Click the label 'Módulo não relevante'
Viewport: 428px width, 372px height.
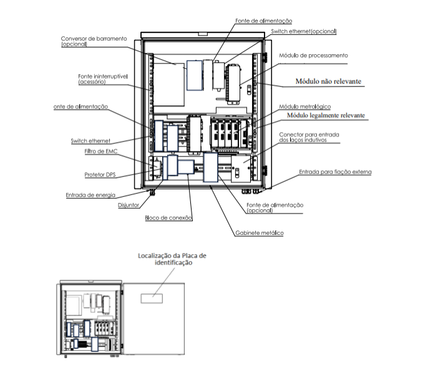[328, 81]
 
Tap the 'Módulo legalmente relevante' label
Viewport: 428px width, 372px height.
[326, 115]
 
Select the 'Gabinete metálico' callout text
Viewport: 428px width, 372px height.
[260, 233]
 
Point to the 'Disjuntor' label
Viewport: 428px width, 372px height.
[129, 205]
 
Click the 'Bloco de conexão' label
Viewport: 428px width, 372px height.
[168, 217]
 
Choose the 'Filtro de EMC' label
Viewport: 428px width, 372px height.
[100, 151]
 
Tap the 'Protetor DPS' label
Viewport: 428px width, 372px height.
[100, 174]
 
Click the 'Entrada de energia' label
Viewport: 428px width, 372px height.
[90, 195]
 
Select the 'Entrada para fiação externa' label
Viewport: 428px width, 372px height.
[335, 172]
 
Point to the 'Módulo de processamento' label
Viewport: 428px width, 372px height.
[313, 55]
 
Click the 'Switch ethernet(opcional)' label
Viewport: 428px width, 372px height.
[303, 31]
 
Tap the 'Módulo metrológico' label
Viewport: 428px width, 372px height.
[304, 107]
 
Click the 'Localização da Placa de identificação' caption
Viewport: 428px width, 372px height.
[172, 259]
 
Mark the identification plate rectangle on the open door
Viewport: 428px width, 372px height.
[152, 298]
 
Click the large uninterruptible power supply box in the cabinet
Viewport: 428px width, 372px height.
[169, 85]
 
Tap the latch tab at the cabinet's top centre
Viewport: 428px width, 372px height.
[203, 34]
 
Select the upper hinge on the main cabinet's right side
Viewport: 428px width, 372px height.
[265, 57]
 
